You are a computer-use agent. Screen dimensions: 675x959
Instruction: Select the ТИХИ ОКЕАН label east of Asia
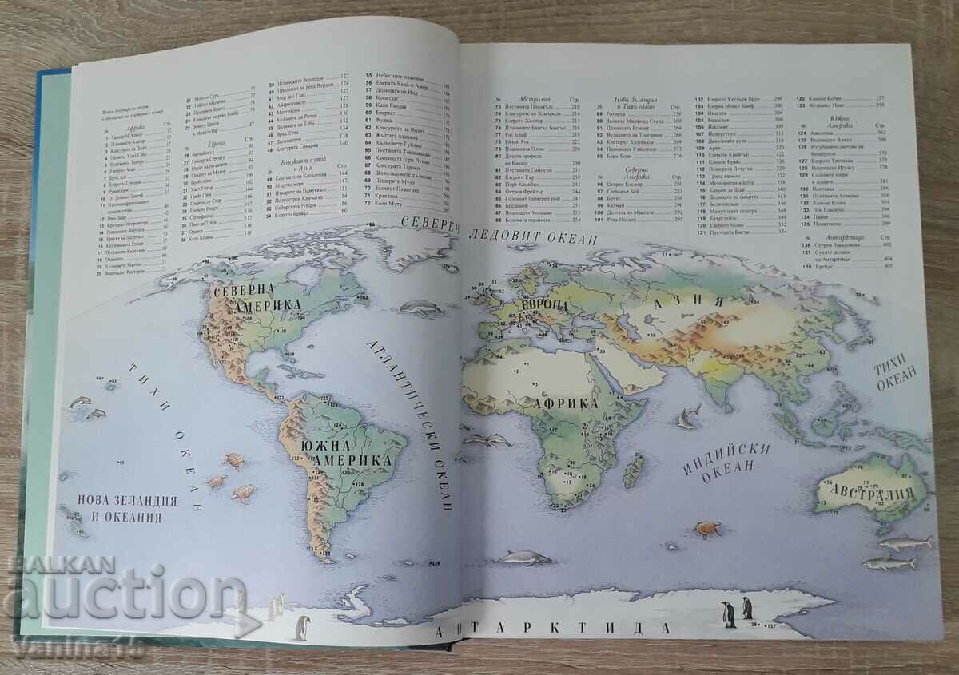pyautogui.click(x=899, y=376)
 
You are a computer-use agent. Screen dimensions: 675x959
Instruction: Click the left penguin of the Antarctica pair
pyautogui.click(x=729, y=614)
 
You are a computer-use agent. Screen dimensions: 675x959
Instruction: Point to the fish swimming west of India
pyautogui.click(x=686, y=415)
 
